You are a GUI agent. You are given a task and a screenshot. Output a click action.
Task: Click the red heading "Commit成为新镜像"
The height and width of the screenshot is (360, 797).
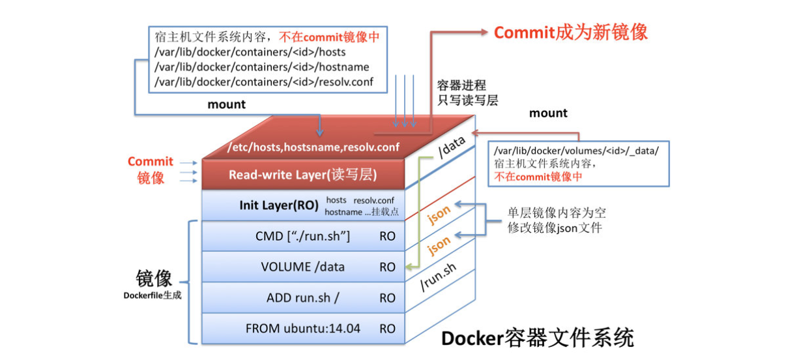tap(571, 33)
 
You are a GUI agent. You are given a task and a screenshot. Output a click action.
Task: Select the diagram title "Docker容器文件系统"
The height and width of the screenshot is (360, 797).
tap(537, 338)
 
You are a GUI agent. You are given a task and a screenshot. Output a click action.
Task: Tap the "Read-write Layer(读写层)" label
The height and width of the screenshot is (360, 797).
tap(303, 175)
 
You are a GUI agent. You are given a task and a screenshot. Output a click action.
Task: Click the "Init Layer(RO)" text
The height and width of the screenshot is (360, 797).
tap(279, 206)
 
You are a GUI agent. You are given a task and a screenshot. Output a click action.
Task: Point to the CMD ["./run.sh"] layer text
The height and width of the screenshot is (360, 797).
tap(302, 236)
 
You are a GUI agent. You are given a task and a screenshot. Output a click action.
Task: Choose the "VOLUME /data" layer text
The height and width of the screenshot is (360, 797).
tap(302, 267)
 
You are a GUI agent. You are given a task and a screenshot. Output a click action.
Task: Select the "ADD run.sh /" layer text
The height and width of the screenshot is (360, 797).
tap(302, 298)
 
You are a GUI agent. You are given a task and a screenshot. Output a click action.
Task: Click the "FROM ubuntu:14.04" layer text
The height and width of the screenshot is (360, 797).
tap(302, 329)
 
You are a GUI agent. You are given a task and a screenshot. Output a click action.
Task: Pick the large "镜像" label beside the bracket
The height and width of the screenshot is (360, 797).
tap(154, 278)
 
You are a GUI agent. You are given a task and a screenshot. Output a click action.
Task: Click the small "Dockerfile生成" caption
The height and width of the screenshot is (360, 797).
tap(152, 295)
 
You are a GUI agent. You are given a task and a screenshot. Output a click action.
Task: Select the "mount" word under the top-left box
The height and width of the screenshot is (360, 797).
tap(226, 104)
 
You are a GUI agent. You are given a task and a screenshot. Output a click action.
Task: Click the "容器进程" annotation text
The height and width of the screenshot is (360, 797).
tap(461, 85)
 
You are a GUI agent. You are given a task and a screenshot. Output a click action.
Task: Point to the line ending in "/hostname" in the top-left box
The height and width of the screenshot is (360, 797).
tap(262, 67)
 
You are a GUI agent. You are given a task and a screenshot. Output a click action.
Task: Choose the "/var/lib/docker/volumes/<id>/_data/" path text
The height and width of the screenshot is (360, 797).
tap(577, 151)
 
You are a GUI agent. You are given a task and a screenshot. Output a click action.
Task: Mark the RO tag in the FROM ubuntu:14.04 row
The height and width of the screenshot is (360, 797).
tap(387, 329)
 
